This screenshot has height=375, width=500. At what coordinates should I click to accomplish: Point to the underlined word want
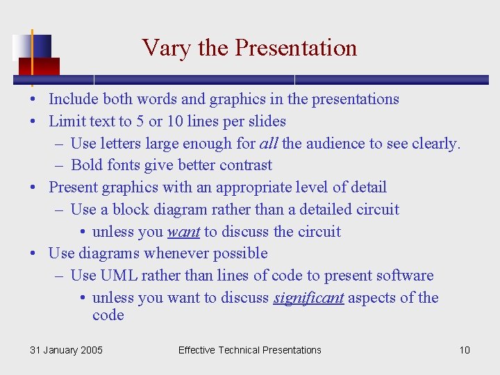[x=183, y=231]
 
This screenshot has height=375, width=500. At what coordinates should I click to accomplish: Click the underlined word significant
[x=308, y=298]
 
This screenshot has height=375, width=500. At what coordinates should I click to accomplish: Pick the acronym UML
[x=119, y=276]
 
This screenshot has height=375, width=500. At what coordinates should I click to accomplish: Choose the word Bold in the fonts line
[x=87, y=165]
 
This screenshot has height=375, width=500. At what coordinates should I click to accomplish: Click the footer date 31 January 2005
[x=66, y=350]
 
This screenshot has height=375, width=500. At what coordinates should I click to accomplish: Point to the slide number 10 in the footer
[x=465, y=350]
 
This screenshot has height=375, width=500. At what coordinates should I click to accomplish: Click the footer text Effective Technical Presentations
[x=249, y=350]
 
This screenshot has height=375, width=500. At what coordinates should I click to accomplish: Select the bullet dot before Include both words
[x=33, y=99]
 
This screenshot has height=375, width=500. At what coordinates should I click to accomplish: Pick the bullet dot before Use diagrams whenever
[x=33, y=254]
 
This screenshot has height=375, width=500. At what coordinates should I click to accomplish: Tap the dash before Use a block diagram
[x=59, y=210]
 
